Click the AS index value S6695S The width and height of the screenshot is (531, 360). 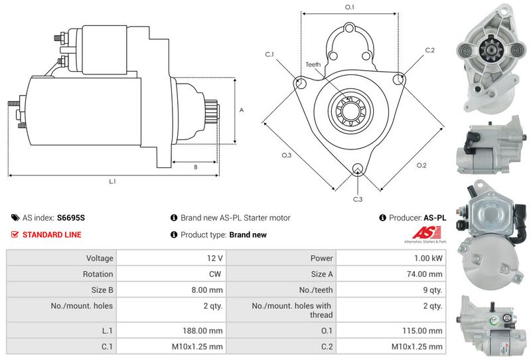click(x=71, y=218)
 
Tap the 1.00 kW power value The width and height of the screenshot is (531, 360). click(x=428, y=258)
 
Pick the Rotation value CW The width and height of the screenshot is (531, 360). click(x=215, y=274)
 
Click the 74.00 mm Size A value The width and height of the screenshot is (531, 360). click(x=425, y=274)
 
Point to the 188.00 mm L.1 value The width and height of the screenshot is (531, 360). click(x=202, y=331)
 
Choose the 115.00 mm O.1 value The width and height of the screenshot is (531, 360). click(x=422, y=331)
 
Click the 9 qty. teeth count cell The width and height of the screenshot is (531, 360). click(x=433, y=290)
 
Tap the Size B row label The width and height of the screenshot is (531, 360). click(x=102, y=290)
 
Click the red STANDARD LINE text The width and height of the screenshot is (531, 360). click(x=52, y=234)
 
